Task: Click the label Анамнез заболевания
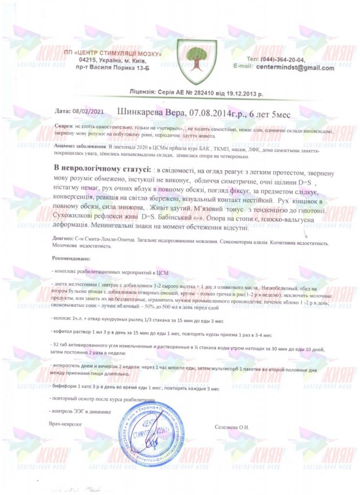pyautogui.click(x=79, y=146)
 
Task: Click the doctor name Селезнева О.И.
pyautogui.click(x=232, y=427)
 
